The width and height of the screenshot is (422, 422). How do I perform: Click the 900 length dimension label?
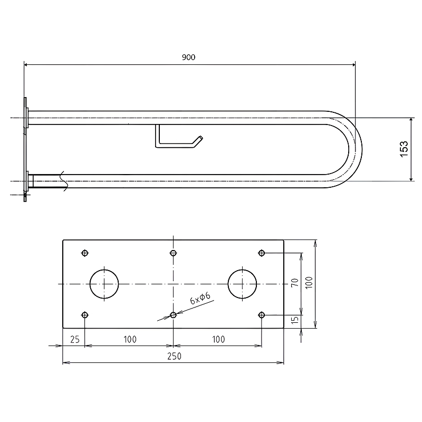click(x=188, y=57)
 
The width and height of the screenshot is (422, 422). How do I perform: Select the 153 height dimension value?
click(x=404, y=149)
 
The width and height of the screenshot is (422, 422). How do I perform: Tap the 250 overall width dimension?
click(x=174, y=356)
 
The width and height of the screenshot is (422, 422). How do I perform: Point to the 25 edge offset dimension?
click(x=75, y=339)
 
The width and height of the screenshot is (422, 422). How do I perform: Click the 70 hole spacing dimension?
click(x=295, y=283)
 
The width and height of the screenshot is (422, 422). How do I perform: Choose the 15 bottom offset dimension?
click(x=295, y=320)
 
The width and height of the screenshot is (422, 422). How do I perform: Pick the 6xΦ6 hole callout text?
click(x=200, y=298)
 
